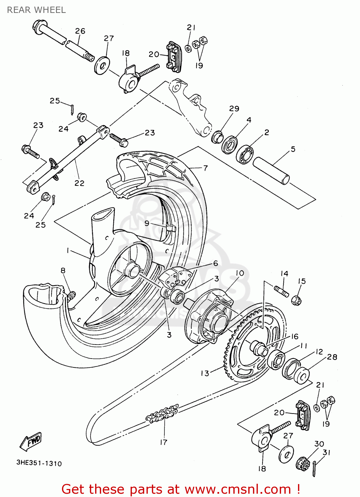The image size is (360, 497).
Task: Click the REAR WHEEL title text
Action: click(36, 10)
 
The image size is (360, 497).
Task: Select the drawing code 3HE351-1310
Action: click(39, 463)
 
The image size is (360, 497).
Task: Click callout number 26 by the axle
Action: click(80, 31)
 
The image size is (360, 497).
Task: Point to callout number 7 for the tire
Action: click(206, 168)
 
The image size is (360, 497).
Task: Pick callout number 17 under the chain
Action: click(164, 442)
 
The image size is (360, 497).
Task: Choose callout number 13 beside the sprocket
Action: click(205, 373)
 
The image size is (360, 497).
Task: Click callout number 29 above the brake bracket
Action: click(234, 109)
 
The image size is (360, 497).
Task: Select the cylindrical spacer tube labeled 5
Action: click(271, 171)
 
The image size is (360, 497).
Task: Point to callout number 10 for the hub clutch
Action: click(240, 273)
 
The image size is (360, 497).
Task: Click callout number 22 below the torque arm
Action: click(79, 183)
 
